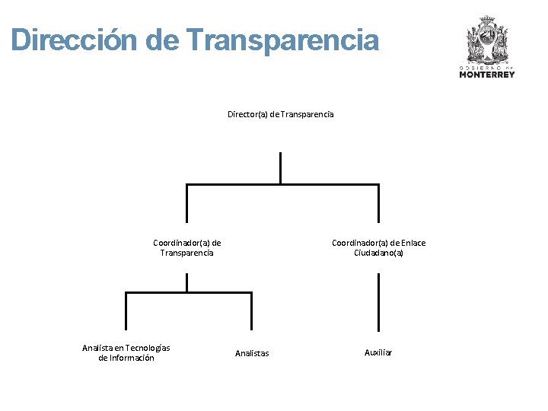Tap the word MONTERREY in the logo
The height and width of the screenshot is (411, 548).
(487, 75)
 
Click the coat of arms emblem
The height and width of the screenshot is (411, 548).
(487, 40)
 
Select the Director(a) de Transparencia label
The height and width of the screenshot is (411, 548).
(280, 114)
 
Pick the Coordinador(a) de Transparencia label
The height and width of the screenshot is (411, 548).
(186, 248)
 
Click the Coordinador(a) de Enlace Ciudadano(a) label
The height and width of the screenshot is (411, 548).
(378, 248)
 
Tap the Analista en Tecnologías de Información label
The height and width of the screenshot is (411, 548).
(126, 353)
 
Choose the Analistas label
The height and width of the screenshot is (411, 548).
(252, 353)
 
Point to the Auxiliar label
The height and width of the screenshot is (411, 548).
(378, 352)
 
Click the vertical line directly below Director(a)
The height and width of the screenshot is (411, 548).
(280, 167)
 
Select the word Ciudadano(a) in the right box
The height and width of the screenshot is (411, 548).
(378, 253)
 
